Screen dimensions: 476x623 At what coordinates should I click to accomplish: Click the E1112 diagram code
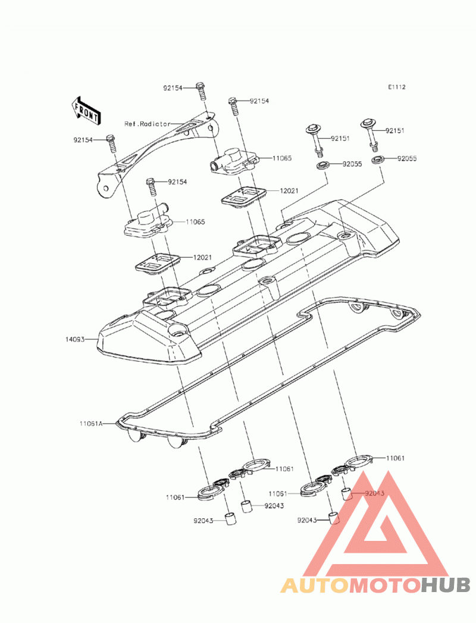coord(397,87)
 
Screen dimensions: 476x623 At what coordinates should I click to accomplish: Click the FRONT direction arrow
coord(86,109)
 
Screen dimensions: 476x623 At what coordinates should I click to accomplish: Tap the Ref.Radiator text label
coord(148,124)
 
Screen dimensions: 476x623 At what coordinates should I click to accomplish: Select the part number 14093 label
coord(75,340)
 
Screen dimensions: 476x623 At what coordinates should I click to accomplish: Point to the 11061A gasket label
coord(90,424)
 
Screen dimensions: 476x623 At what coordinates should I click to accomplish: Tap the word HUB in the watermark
coord(446,585)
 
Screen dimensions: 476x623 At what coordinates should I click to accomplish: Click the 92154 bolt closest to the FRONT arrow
coord(112,145)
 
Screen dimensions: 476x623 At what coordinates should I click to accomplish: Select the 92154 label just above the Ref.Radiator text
coord(173,88)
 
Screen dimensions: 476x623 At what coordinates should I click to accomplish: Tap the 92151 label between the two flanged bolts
coord(340,138)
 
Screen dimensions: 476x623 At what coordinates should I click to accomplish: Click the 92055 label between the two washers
coord(352,164)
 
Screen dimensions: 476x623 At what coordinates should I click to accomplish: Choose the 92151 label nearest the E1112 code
coord(395,130)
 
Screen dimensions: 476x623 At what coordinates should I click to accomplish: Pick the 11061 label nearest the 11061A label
coord(176,497)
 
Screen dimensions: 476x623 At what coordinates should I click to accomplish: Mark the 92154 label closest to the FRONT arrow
coord(83,140)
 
